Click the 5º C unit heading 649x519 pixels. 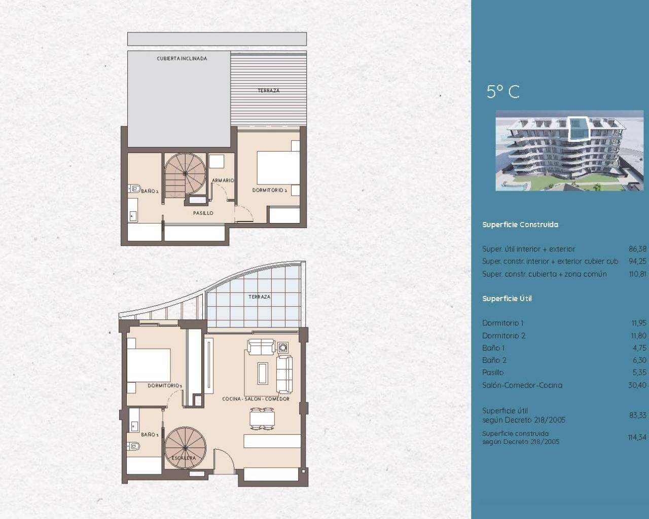(502, 92)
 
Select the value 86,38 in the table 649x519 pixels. (637, 249)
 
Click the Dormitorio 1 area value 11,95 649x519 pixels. (638, 323)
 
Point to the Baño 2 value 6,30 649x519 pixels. (639, 360)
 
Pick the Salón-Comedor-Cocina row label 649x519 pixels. (522, 385)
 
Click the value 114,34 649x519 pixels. (637, 437)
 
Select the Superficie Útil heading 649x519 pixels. (507, 299)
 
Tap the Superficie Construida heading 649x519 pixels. (520, 225)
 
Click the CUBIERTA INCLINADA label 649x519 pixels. (182, 59)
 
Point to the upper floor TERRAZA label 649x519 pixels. (268, 91)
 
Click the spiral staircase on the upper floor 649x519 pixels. (185, 173)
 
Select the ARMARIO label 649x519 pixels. (223, 180)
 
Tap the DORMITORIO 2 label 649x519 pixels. (270, 191)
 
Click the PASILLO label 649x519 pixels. (203, 213)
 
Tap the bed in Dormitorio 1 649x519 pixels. (148, 364)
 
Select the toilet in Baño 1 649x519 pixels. (134, 447)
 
